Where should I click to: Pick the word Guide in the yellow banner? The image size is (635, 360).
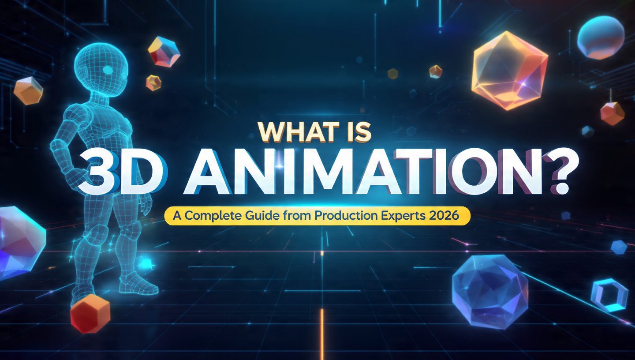(x=272, y=217)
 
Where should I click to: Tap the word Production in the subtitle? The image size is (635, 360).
(x=341, y=217)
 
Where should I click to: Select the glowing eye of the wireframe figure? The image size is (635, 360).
(x=107, y=70)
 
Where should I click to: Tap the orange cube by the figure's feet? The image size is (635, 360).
(x=90, y=313)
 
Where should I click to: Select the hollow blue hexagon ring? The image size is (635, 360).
(x=609, y=295)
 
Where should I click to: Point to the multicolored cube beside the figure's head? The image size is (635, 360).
(x=164, y=52)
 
